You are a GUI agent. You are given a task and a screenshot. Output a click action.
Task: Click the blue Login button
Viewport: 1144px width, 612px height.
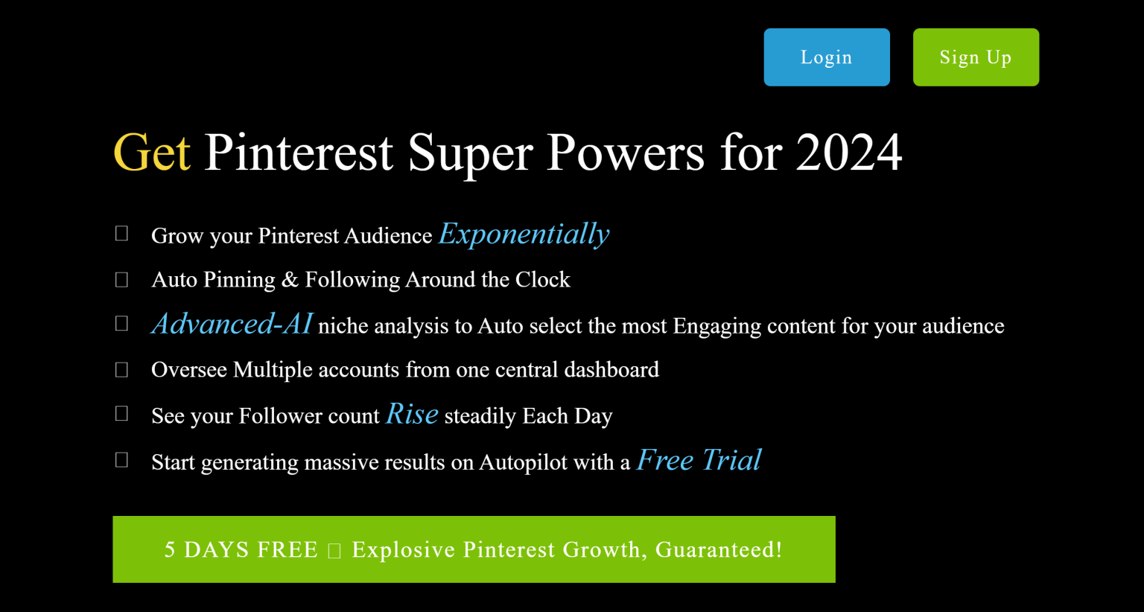pyautogui.click(x=827, y=57)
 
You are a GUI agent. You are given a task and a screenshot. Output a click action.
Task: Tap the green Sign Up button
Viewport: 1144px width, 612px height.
pyautogui.click(x=976, y=57)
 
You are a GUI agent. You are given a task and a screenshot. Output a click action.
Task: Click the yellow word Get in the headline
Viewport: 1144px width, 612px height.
pyautogui.click(x=152, y=153)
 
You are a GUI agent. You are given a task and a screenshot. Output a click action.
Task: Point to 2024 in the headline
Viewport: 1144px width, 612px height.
pyautogui.click(x=848, y=153)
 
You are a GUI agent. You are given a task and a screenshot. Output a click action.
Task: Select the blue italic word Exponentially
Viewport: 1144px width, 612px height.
pyautogui.click(x=524, y=235)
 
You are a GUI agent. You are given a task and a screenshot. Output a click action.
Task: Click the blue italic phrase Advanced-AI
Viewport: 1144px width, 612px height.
pyautogui.click(x=232, y=324)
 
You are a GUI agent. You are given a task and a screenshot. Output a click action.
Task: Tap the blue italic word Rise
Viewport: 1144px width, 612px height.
pyautogui.click(x=412, y=414)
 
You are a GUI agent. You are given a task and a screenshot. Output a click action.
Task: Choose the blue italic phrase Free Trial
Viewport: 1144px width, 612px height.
pyautogui.click(x=699, y=460)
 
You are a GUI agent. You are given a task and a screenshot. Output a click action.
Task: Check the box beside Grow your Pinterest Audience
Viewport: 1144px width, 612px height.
pyautogui.click(x=122, y=234)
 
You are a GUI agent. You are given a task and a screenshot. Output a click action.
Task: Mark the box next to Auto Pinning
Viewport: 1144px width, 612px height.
pyautogui.click(x=122, y=280)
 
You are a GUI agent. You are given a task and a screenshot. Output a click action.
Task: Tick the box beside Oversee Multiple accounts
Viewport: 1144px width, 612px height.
pyautogui.click(x=122, y=370)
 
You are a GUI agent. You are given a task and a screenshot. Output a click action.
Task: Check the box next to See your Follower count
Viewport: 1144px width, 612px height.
pyautogui.click(x=122, y=414)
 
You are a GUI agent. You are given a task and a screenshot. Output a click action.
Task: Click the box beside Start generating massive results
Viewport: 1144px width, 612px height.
pyautogui.click(x=122, y=460)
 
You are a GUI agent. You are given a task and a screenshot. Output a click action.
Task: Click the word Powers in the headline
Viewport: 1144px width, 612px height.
pyautogui.click(x=625, y=153)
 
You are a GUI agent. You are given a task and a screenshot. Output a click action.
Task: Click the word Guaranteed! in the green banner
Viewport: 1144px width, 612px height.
pyautogui.click(x=719, y=549)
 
